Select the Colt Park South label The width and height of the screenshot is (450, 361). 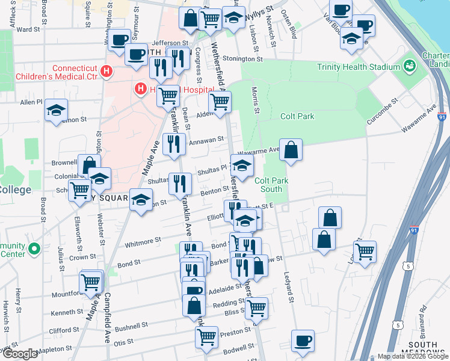coord(272,185)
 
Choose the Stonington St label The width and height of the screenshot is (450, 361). coord(242,59)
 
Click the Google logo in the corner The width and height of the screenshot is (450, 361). coord(19,353)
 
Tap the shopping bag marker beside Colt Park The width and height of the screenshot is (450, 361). coord(291,150)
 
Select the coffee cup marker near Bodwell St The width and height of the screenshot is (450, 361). coord(303,341)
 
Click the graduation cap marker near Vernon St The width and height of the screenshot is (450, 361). coord(56,110)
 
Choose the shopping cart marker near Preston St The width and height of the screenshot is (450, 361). coord(206,336)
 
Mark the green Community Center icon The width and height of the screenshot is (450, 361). coord(35,248)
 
